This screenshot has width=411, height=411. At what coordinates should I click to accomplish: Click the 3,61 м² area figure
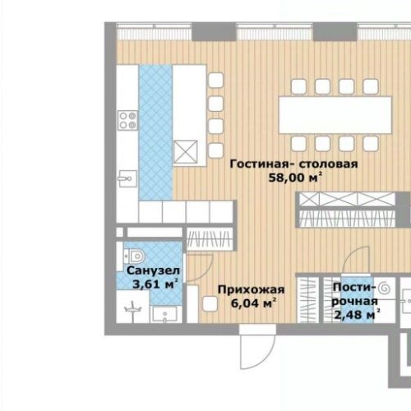(153, 284)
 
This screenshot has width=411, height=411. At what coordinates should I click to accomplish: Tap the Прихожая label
(251, 289)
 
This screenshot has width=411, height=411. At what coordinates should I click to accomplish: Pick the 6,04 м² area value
(252, 303)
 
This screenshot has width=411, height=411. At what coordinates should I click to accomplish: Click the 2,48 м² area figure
(356, 313)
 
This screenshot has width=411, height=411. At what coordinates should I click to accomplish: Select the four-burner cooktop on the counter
(127, 121)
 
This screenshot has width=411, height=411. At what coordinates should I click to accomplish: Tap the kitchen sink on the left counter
(127, 177)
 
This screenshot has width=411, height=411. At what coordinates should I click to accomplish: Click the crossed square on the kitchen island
(186, 152)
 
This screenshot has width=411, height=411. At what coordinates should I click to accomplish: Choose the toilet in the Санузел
(137, 254)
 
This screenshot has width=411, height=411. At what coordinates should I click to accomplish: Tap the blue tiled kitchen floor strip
(155, 132)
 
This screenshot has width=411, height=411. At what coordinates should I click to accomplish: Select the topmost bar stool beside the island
(216, 81)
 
